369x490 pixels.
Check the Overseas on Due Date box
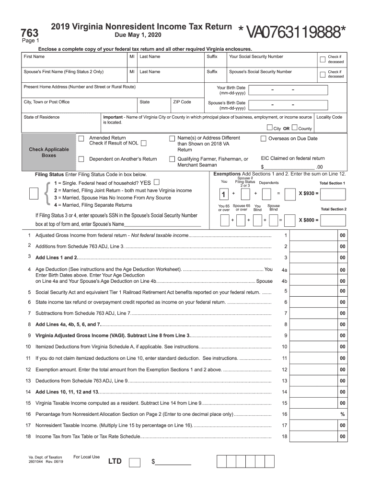pos(263,139)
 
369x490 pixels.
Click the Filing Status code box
pos(34,193)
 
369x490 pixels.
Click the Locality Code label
pos(329,117)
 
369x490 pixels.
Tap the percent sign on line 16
pos(342,414)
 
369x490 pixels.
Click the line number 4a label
pos(285,270)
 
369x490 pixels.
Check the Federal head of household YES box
pos(157,182)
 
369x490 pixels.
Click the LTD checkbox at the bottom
pos(135,462)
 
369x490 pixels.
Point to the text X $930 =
pos(309,194)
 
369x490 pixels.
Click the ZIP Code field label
pos(182,102)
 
